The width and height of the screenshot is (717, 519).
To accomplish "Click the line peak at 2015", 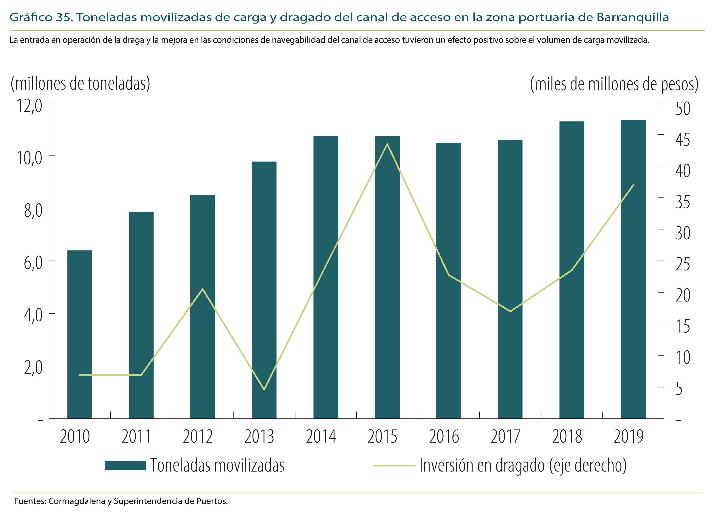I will click(387, 144).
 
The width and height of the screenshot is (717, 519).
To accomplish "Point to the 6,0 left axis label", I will click(33, 263).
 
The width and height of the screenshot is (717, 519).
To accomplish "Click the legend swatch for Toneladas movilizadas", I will click(125, 466).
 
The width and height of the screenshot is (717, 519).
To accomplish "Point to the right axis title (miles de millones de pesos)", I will click(614, 84).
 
